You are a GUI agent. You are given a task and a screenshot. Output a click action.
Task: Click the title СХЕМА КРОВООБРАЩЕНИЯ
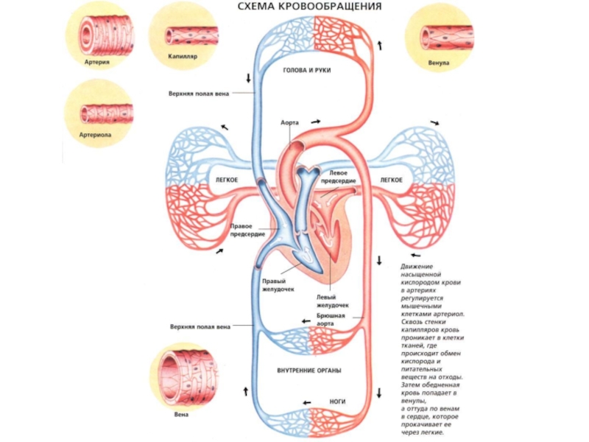[309, 7]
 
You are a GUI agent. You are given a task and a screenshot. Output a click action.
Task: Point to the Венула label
[440, 63]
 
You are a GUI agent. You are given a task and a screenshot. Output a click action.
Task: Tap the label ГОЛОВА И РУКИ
[307, 71]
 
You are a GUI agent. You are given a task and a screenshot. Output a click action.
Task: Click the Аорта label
[289, 123]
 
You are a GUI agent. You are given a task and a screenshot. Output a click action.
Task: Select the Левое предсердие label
[343, 178]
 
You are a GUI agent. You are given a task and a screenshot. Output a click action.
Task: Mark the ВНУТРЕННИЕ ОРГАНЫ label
[309, 369]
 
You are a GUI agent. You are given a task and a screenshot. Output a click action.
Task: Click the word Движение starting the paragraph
[417, 266]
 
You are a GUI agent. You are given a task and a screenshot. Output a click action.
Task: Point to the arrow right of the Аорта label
[316, 122]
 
